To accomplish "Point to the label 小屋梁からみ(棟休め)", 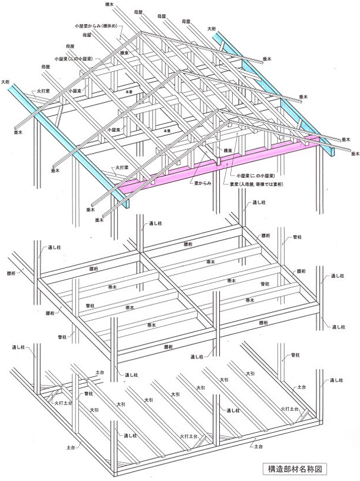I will point(98,26).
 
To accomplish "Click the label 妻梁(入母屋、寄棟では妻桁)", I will point(267,185).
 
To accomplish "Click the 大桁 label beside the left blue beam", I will point(6,81).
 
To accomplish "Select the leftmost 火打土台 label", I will point(63,403).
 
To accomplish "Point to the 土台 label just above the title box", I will point(257,447).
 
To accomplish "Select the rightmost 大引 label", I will point(250,373).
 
